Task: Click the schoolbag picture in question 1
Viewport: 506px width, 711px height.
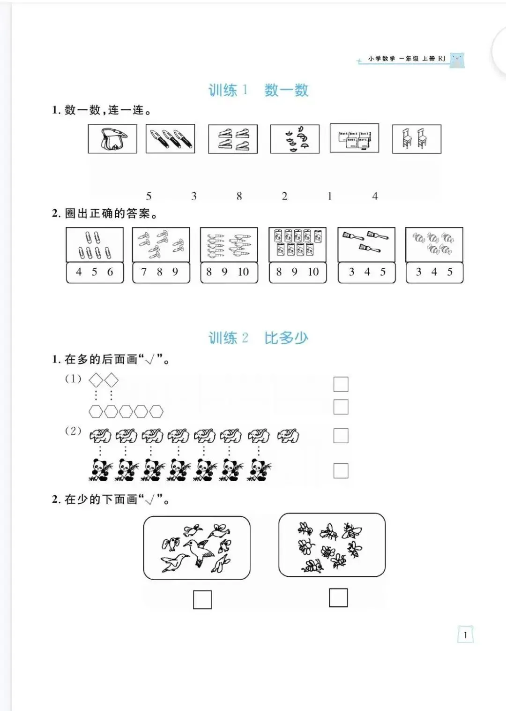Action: click(112, 139)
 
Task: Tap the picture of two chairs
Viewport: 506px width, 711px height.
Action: click(416, 139)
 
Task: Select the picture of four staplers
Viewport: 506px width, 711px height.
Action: click(233, 139)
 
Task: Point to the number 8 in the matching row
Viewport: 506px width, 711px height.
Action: click(239, 196)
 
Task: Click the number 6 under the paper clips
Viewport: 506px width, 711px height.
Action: click(110, 272)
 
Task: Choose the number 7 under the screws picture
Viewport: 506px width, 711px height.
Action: click(144, 272)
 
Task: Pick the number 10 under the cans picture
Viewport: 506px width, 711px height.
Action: click(313, 272)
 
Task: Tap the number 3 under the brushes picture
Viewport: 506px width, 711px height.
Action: click(351, 272)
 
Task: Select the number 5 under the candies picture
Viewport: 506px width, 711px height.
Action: click(450, 272)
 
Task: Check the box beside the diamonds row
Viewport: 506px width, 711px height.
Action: click(341, 384)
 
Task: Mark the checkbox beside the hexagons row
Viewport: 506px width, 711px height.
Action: click(341, 407)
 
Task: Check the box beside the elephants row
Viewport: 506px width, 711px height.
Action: click(341, 436)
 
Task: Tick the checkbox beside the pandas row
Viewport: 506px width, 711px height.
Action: click(341, 470)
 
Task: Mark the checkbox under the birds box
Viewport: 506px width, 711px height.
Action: click(202, 599)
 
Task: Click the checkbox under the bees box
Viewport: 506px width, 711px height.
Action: click(338, 598)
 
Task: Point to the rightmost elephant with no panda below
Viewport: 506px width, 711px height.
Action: click(288, 436)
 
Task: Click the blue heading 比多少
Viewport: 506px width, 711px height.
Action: click(286, 338)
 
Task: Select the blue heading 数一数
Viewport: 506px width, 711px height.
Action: click(286, 90)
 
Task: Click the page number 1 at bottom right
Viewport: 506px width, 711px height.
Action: click(465, 635)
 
